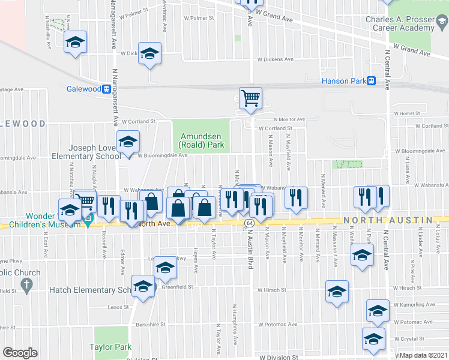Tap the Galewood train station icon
[106, 89]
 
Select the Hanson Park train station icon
[372, 81]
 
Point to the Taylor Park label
[110, 347]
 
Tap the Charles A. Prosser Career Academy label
[400, 23]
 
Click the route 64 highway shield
[249, 223]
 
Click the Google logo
[20, 353]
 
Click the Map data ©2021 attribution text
[423, 355]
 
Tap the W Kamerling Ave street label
[415, 305]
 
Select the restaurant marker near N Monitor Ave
[296, 198]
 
